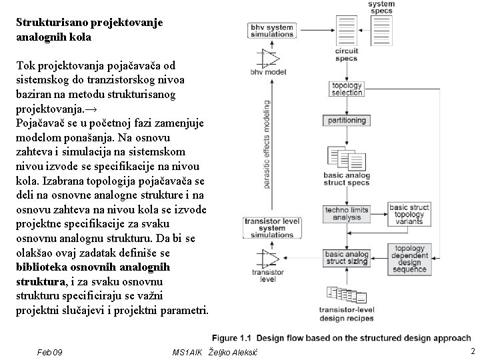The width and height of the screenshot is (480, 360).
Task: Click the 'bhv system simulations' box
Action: [272, 31]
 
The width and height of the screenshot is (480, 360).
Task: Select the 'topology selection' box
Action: [347, 89]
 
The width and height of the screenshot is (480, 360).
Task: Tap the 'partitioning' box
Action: [347, 121]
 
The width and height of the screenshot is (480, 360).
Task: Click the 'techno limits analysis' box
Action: [347, 213]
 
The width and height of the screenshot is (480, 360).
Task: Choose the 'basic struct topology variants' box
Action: [409, 215]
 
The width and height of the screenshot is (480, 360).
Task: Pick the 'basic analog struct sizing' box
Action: [347, 258]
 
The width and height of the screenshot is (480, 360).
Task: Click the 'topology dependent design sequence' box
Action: [409, 257]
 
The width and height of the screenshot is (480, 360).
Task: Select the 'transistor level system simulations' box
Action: [272, 227]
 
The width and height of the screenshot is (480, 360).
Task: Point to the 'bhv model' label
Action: [269, 72]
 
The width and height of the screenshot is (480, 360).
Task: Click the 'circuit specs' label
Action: [347, 54]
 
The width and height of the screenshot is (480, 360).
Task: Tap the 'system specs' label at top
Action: [381, 7]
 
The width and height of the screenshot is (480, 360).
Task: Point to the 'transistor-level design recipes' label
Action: [347, 313]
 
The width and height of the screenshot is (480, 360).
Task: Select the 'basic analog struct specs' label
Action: [347, 178]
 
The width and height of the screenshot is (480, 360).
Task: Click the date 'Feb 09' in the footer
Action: [50, 351]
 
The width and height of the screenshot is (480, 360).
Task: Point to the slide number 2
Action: [472, 351]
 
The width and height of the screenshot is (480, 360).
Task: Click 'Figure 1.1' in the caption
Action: [231, 338]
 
